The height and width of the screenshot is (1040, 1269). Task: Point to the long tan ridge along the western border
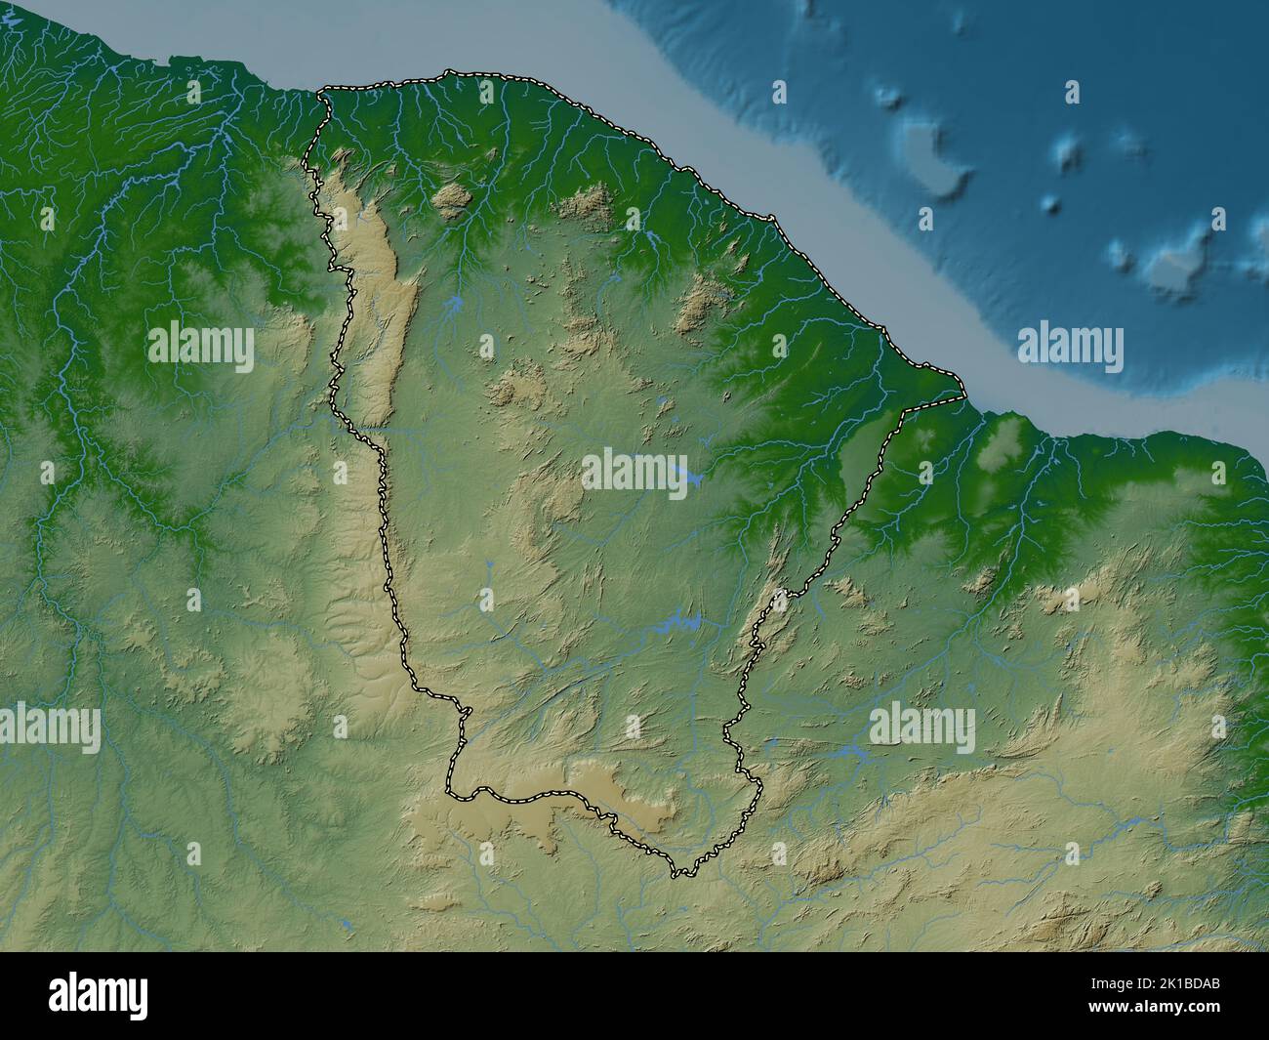pos(376,293)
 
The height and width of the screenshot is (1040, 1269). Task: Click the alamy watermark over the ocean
pos(1070,348)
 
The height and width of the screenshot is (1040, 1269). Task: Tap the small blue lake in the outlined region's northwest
pos(453,307)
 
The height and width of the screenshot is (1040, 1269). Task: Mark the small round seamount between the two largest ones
pos(1051,204)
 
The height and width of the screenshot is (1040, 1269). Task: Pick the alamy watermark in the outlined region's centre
pos(634,471)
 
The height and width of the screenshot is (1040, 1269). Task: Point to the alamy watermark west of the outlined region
pos(201,348)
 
